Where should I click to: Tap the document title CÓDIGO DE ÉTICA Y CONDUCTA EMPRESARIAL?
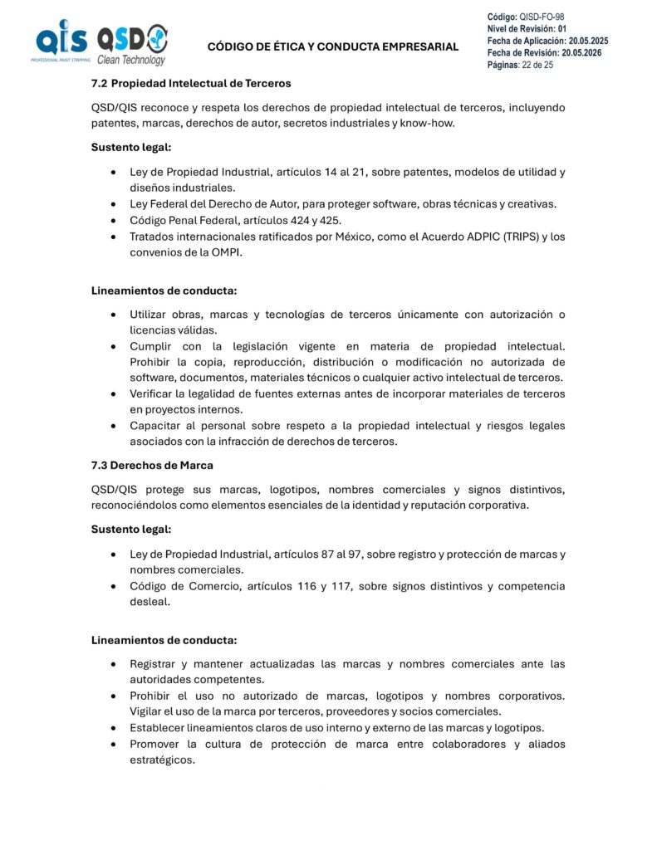[x=332, y=46]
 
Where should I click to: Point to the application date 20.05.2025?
[x=588, y=41]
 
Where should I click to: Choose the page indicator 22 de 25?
[x=537, y=65]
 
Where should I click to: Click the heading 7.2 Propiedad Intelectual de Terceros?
[x=191, y=84]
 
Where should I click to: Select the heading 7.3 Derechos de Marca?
[x=152, y=465]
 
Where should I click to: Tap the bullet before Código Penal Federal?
[x=113, y=221]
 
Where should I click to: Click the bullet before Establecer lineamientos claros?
[x=113, y=728]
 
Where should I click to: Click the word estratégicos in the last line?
[x=162, y=760]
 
